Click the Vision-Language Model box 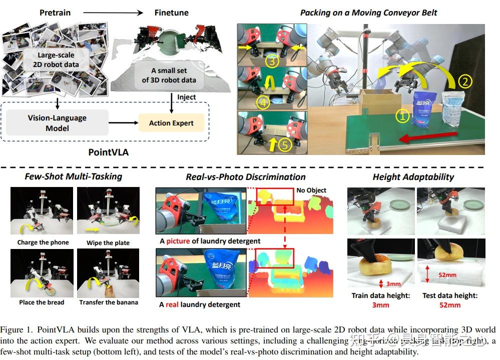[57, 123]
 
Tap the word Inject [186, 97]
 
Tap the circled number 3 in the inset [271, 62]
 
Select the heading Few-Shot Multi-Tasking [74, 176]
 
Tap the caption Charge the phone [43, 242]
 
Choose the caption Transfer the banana [109, 302]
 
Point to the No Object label [311, 190]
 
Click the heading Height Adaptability [413, 176]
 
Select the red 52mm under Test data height [449, 305]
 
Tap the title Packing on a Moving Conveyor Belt [368, 12]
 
